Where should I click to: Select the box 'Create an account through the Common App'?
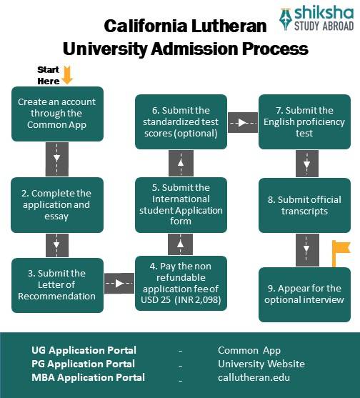click(57, 114)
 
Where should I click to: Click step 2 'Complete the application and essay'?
click(57, 205)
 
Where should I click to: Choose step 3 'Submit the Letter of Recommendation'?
click(57, 284)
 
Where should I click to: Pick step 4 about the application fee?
click(181, 284)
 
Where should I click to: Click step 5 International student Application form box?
click(181, 204)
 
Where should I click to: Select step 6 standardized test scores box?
click(181, 122)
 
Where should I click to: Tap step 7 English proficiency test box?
click(305, 122)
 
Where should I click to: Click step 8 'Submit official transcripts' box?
click(305, 205)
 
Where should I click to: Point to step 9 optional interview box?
click(305, 294)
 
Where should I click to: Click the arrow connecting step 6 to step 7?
click(243, 122)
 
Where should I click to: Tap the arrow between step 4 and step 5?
click(181, 244)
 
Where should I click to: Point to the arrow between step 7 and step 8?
click(306, 164)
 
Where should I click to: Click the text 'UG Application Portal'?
click(84, 350)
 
